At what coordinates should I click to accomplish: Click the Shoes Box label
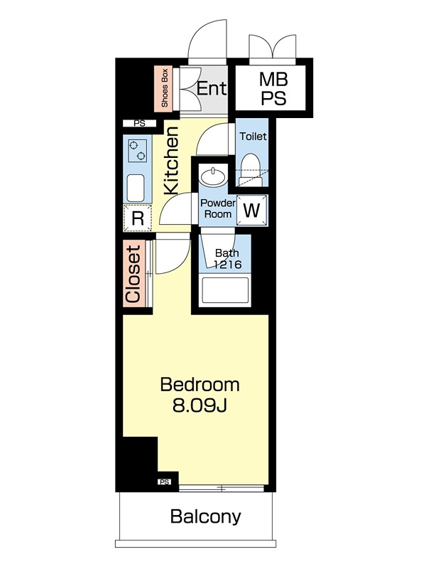165,88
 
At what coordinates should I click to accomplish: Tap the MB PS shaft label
273,88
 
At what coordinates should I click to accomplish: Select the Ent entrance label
212,87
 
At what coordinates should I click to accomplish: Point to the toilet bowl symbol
250,168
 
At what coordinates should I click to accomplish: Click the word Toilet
253,137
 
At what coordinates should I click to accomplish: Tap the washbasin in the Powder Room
213,176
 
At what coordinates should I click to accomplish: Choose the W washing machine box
252,210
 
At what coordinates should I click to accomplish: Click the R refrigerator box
137,218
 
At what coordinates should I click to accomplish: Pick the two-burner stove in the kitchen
137,151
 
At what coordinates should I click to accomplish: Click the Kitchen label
171,160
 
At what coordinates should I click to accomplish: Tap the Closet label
133,275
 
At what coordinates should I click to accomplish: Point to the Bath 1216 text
227,258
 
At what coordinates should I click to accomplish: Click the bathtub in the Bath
225,290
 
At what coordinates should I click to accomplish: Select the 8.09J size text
200,405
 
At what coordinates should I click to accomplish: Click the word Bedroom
200,385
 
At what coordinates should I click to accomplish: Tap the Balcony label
205,516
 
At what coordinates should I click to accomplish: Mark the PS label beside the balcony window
165,482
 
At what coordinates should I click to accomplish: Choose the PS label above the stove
139,123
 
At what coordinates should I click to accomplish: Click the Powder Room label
218,208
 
